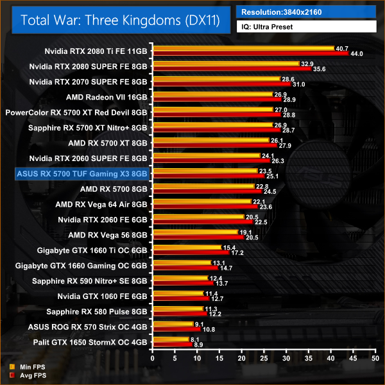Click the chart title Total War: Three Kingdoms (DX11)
120,20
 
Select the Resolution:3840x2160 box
307,12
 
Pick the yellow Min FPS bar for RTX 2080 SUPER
225,64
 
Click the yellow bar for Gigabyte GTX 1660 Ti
186,247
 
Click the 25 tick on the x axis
264,358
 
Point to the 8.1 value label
195,339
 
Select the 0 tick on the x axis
152,358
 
